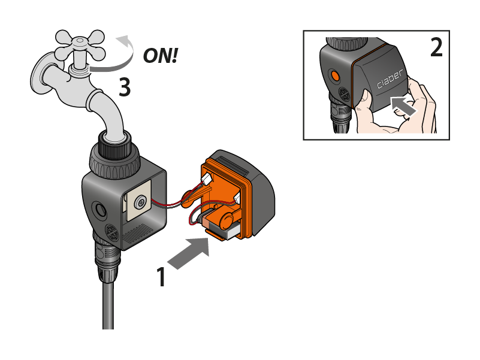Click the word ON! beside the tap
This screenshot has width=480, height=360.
click(x=161, y=56)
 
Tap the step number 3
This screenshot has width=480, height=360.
click(x=125, y=87)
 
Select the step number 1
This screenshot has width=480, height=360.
click(x=161, y=277)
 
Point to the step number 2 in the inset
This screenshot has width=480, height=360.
click(x=436, y=47)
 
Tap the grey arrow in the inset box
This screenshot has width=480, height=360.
click(x=404, y=106)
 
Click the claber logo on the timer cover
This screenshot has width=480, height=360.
click(x=390, y=79)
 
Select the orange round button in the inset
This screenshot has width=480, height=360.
click(x=335, y=75)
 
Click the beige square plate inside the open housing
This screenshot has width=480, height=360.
click(x=138, y=200)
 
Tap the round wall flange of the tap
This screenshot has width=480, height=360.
click(x=40, y=73)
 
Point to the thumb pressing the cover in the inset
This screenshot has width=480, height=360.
click(x=365, y=102)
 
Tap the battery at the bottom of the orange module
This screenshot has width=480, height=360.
click(x=220, y=226)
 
